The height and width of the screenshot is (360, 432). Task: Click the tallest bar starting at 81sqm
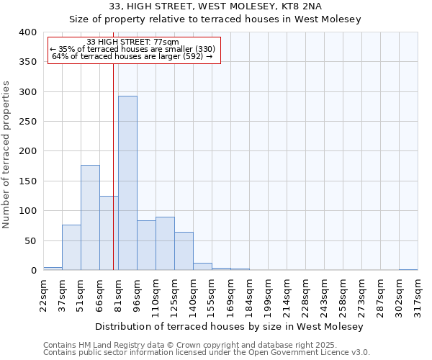point(127,184)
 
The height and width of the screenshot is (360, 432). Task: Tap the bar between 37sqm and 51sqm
point(71,248)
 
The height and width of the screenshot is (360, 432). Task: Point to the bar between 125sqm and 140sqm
point(184,251)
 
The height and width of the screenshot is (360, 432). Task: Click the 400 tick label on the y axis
point(27,32)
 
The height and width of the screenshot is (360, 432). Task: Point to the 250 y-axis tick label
point(27,122)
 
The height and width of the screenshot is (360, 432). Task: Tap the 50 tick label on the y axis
point(30,240)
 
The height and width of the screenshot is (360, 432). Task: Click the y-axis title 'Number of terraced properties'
point(6,155)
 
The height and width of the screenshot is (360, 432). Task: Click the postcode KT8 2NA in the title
point(292,6)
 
